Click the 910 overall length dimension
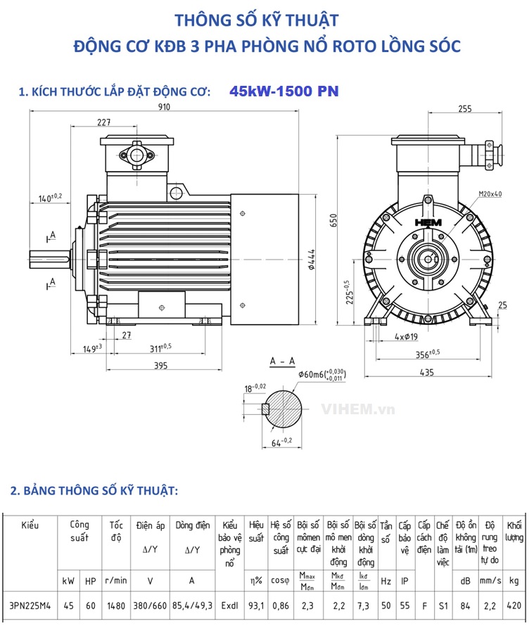point(164,107)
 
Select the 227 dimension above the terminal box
point(104,122)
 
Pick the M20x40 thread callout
point(490,193)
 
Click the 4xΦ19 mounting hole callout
point(406,337)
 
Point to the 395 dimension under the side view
point(161,365)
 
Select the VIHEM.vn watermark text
point(358,409)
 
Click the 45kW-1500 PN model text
point(283,91)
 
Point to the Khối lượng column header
point(514,531)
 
